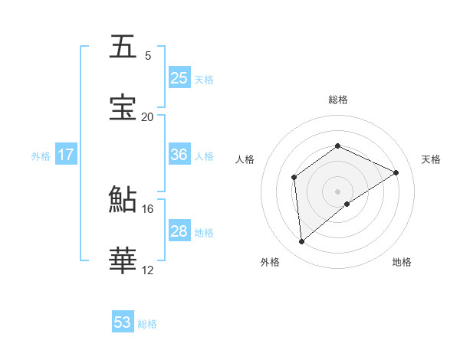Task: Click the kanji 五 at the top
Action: [x=123, y=47]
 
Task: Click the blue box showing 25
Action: [x=179, y=78]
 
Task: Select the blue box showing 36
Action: [x=179, y=155]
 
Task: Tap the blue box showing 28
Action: [x=179, y=231]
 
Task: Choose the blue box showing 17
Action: [x=66, y=155]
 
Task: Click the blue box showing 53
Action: [x=123, y=322]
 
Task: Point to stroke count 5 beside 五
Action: [x=148, y=56]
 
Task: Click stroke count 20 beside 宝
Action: [x=148, y=117]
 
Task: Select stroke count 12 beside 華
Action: [x=148, y=270]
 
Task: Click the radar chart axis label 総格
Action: [x=337, y=100]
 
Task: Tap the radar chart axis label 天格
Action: [x=431, y=159]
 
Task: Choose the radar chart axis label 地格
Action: [x=402, y=262]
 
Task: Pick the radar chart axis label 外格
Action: [x=270, y=262]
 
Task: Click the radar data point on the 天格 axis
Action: [x=396, y=172]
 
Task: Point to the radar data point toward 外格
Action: [x=302, y=242]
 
